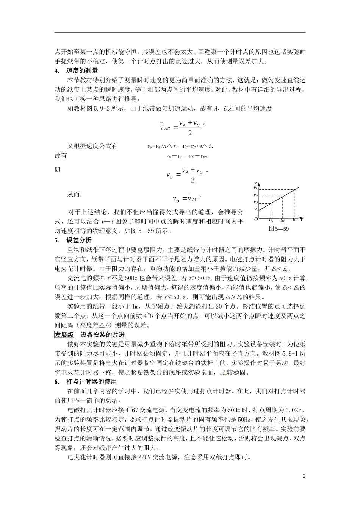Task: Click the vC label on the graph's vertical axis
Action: click(256, 188)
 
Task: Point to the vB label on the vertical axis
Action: click(256, 195)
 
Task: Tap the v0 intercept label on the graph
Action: click(256, 209)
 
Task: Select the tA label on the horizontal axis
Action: click(271, 220)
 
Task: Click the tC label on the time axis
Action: click(294, 220)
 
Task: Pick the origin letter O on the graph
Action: click(256, 219)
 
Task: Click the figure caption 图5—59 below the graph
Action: click(279, 229)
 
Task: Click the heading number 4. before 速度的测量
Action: click(57, 70)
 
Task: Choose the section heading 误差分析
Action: click(78, 240)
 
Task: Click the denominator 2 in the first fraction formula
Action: click(190, 133)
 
